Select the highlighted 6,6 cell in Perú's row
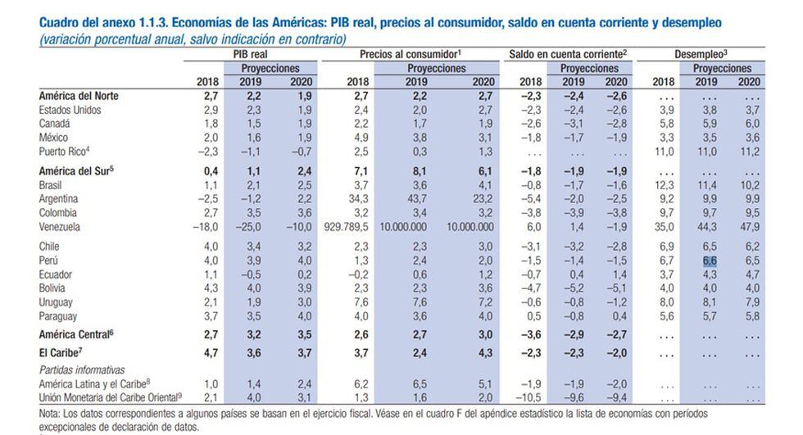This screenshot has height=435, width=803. [x=710, y=260]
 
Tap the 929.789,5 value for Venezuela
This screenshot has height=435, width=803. [x=347, y=226]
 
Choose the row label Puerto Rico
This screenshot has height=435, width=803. [x=64, y=152]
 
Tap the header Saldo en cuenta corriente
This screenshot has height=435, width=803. [x=567, y=53]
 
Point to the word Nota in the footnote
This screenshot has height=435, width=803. [x=50, y=414]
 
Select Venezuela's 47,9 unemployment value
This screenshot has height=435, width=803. [x=747, y=226]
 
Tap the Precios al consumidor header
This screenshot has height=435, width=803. [x=409, y=53]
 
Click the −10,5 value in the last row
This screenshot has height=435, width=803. [x=529, y=397]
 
